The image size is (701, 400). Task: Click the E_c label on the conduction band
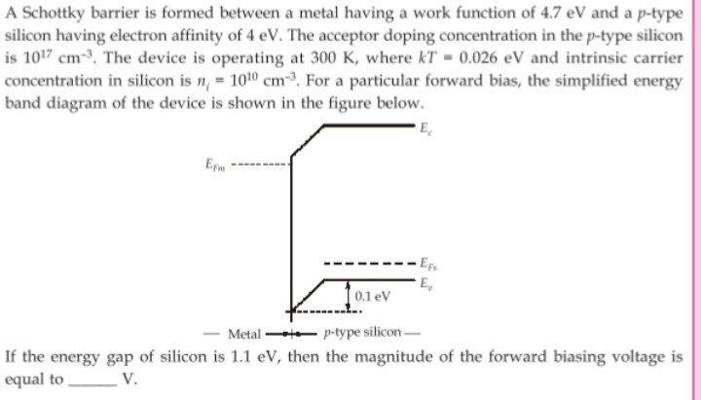click(426, 129)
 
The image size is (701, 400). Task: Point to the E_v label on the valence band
click(427, 282)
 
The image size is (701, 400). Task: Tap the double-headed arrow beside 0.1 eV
click(349, 295)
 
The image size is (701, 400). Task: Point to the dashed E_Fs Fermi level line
click(370, 264)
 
